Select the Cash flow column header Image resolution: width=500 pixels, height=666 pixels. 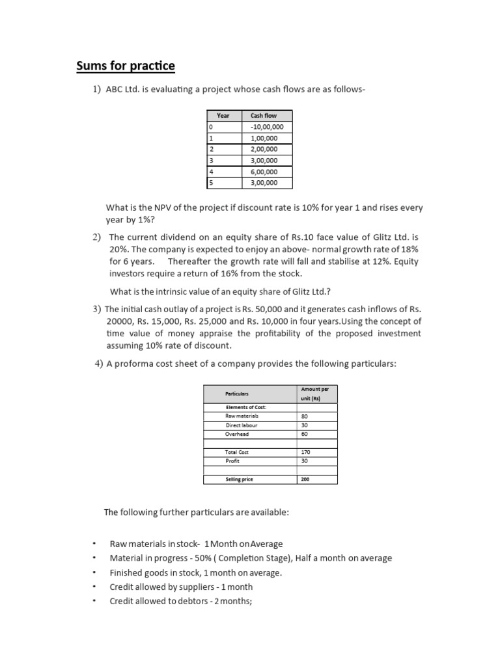[x=264, y=115]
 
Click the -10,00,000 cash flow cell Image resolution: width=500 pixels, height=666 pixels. [x=264, y=127]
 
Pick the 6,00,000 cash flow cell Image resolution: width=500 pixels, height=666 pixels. [x=264, y=172]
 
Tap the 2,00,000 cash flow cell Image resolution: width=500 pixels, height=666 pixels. [x=264, y=149]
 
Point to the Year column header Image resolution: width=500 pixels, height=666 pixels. [x=223, y=115]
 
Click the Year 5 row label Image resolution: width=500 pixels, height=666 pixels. [x=211, y=183]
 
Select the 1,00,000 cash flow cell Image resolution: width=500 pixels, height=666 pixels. [x=264, y=138]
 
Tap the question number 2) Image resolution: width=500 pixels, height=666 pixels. [x=98, y=237]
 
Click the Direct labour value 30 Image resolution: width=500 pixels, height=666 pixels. [x=304, y=425]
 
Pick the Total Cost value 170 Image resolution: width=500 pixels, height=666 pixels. [x=305, y=452]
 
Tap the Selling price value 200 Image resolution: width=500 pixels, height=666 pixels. [x=305, y=479]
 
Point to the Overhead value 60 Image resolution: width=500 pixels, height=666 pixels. [x=304, y=434]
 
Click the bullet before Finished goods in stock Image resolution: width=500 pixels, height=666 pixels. [x=94, y=572]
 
